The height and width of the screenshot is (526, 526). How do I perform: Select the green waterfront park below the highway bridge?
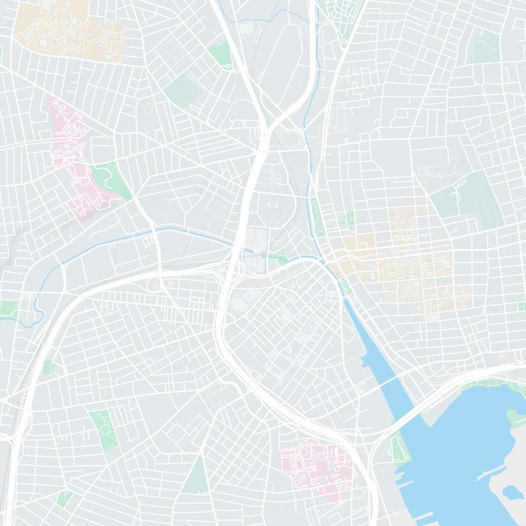398,447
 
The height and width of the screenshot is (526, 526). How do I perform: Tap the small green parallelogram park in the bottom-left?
64,498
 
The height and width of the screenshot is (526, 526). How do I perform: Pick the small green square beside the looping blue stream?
8,309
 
